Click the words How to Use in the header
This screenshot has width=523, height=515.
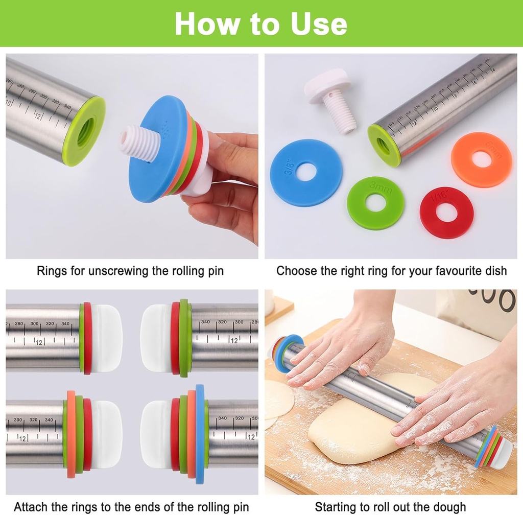261,24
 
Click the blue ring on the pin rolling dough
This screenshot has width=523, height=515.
279,353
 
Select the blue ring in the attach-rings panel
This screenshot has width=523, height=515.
200,434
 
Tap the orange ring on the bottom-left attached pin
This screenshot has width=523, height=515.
71,434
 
